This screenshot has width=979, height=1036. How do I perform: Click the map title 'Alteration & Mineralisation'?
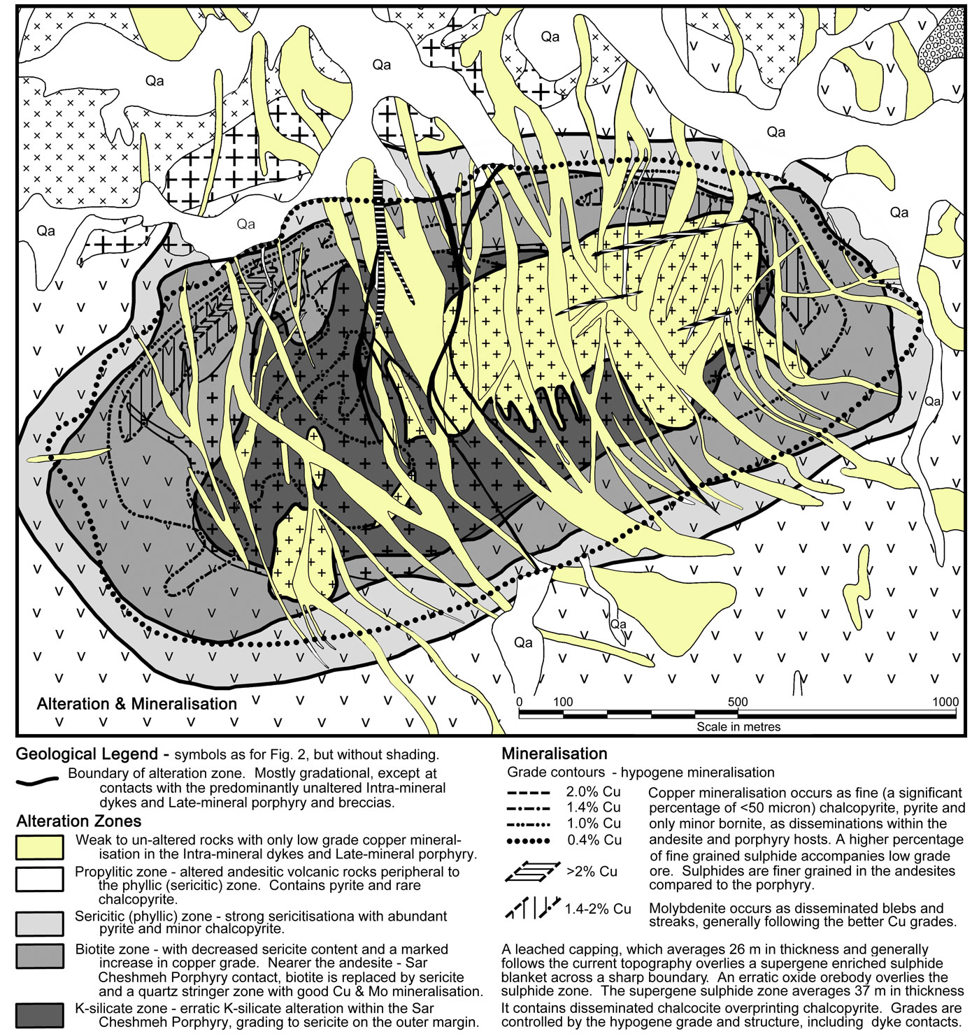(x=137, y=704)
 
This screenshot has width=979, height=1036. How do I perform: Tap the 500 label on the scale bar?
(x=737, y=702)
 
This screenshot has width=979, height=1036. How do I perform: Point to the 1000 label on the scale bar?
(x=945, y=702)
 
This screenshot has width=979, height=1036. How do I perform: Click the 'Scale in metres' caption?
(x=738, y=726)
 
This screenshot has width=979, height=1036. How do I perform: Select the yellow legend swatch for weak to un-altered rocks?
(x=40, y=847)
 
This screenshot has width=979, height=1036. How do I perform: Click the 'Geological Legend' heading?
(x=87, y=754)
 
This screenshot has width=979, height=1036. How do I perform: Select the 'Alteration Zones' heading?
(x=79, y=821)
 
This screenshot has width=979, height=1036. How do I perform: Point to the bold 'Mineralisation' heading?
(x=555, y=754)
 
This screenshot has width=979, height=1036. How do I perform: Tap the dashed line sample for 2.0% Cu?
(x=528, y=793)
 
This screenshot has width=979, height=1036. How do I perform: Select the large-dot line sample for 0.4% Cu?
(x=528, y=841)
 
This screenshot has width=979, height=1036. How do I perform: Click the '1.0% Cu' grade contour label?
(x=594, y=823)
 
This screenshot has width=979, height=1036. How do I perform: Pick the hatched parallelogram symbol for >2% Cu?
(x=532, y=871)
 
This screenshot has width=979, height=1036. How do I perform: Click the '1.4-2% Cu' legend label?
(x=597, y=909)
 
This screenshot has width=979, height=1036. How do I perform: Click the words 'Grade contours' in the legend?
(x=556, y=772)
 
